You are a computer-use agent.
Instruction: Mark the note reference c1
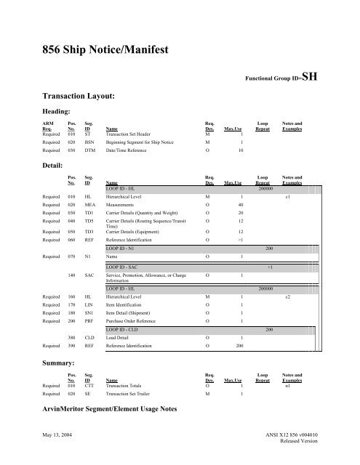(289, 196)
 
